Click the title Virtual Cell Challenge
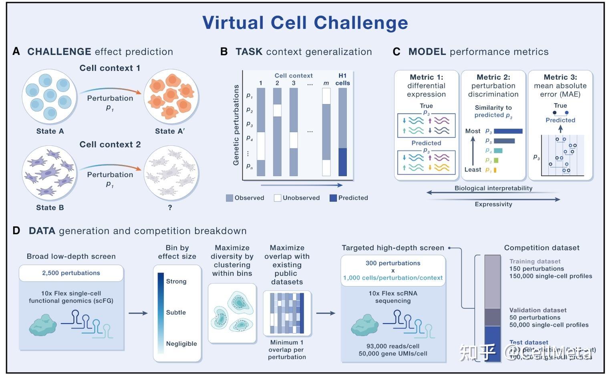click(x=305, y=22)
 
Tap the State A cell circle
click(x=50, y=97)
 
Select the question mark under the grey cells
click(x=170, y=207)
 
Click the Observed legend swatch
click(x=230, y=198)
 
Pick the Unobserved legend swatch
click(x=277, y=198)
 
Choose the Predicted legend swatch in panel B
click(x=333, y=198)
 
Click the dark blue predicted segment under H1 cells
click(x=342, y=162)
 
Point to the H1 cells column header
click(x=342, y=79)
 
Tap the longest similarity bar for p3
click(x=508, y=131)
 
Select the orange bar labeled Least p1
click(x=495, y=170)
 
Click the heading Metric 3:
click(x=560, y=77)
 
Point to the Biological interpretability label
click(x=493, y=188)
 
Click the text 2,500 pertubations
click(x=71, y=273)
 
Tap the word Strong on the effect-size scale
click(x=176, y=281)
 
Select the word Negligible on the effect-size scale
click(x=181, y=344)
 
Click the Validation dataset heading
click(x=538, y=310)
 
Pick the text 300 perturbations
click(x=393, y=263)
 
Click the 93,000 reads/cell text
click(x=393, y=346)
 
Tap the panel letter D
click(x=16, y=231)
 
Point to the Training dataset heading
click(x=535, y=261)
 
